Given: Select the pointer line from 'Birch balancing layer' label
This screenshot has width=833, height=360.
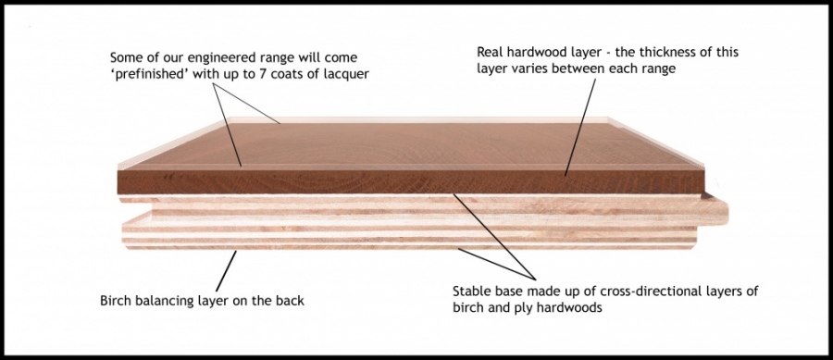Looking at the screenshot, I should point(227,269).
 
